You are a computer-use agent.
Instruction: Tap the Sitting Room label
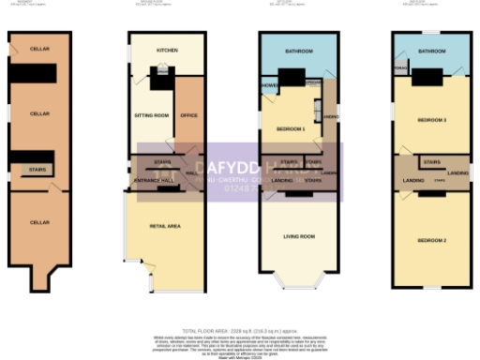[x=152, y=114]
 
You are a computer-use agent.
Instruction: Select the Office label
[x=189, y=115]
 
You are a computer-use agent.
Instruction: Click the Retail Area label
[x=164, y=227]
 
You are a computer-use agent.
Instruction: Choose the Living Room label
[x=299, y=236]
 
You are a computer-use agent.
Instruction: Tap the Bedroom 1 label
[x=292, y=128]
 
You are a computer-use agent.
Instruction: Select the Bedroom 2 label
[x=431, y=241]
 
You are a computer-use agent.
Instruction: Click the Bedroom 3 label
[x=431, y=121]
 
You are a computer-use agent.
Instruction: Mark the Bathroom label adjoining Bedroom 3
[x=432, y=51]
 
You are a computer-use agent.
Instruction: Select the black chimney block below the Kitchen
[x=162, y=82]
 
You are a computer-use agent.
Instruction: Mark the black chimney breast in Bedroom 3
[x=432, y=78]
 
